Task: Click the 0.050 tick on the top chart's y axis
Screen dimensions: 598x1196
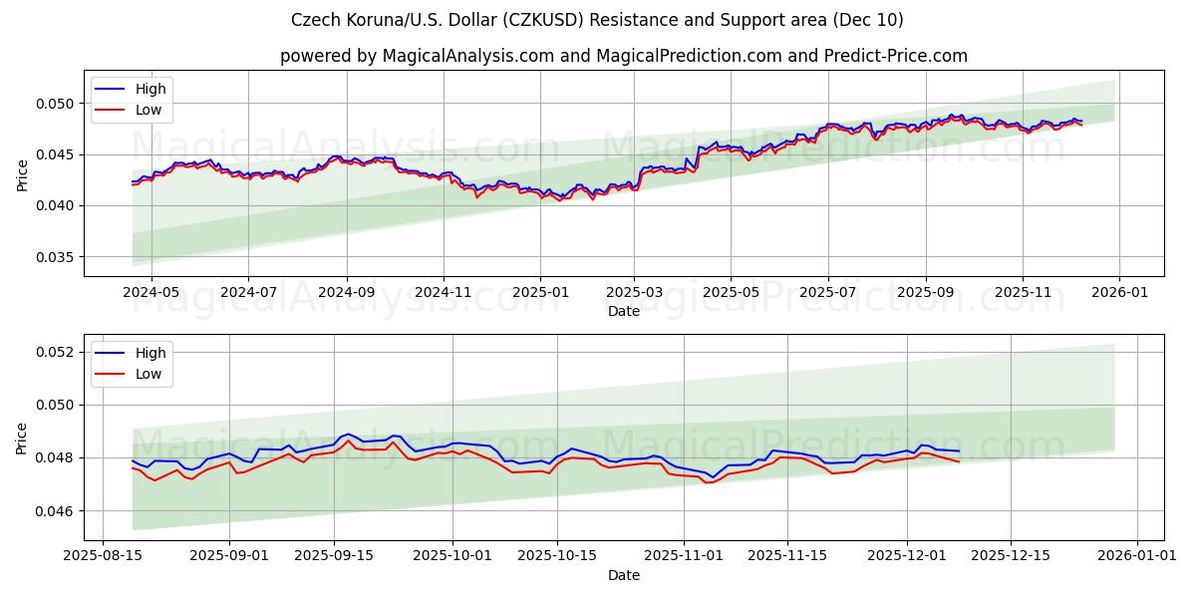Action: (x=55, y=104)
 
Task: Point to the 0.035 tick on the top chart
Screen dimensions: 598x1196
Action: (x=55, y=257)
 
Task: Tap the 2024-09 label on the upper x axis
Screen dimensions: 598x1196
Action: (x=347, y=293)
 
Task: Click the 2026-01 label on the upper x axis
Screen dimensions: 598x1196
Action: (x=1118, y=293)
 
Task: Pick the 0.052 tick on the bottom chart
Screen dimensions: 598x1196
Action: (x=55, y=352)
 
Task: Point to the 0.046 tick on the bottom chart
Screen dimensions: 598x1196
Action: (x=55, y=511)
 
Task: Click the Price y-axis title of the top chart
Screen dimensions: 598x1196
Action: (x=22, y=174)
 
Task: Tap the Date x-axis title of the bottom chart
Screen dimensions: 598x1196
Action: (x=624, y=575)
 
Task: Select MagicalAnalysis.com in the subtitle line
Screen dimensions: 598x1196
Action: (x=468, y=56)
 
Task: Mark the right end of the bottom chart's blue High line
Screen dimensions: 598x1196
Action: (x=959, y=450)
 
